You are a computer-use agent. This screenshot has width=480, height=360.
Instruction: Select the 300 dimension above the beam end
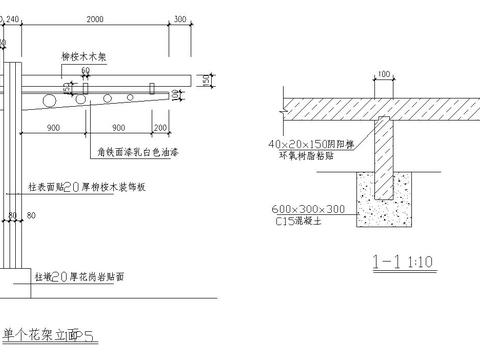180,19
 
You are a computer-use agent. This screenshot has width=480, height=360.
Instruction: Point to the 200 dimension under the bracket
161,127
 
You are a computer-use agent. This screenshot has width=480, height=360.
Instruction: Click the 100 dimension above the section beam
382,75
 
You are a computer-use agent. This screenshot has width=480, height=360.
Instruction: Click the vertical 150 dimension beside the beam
205,80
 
